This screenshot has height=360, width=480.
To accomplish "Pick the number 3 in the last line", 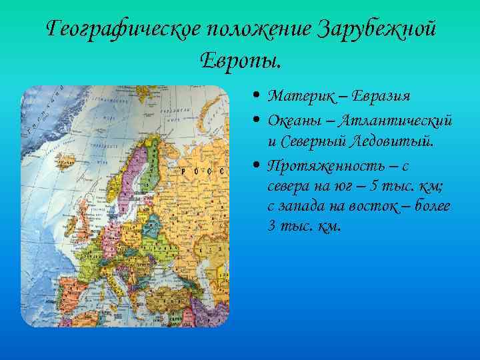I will (x=271, y=225).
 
